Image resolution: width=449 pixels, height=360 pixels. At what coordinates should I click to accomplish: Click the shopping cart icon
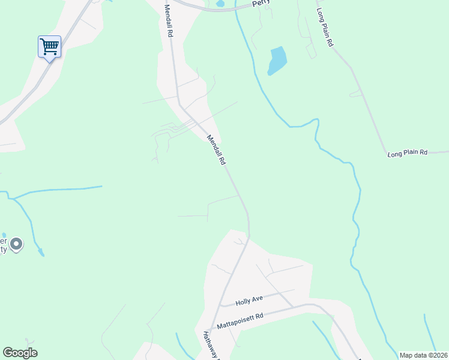pos(49,46)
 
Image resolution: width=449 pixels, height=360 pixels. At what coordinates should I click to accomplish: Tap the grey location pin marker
pos(17,244)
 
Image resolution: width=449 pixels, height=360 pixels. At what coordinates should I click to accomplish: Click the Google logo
pos(20,353)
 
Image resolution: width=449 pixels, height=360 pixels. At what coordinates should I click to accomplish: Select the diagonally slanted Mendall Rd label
pos(216,150)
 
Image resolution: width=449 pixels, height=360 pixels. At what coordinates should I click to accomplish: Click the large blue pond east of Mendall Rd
pos(277,61)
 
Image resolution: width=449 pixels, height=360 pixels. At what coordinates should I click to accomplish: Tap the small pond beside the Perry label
pos(220,4)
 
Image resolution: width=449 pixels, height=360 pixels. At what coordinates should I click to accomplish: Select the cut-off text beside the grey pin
pos(3,243)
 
